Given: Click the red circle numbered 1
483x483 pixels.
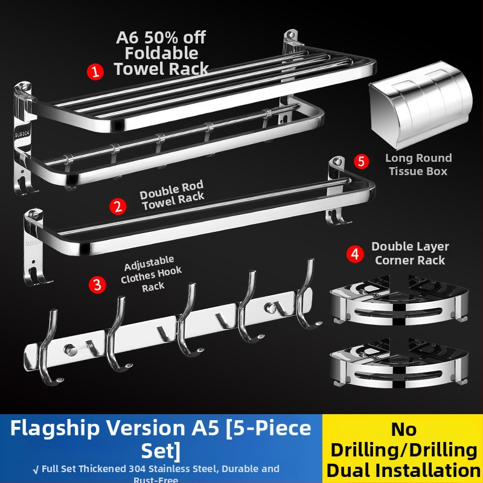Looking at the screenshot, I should pos(95,72).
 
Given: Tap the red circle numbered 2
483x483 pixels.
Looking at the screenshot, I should pos(118,206).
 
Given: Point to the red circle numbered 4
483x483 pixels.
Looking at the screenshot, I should pos(355,254).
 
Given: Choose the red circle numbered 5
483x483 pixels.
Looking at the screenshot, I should pos(360,161).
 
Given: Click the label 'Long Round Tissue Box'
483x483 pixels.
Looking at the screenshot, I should pos(418,164).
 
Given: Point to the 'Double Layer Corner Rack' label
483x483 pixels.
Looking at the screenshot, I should pos(409,254).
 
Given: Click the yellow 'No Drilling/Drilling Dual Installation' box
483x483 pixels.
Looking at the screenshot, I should pos(403,449).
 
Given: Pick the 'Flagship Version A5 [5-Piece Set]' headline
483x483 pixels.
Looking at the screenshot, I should pos(161,438).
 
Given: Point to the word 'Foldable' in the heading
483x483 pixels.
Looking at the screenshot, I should pos(161,53).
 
